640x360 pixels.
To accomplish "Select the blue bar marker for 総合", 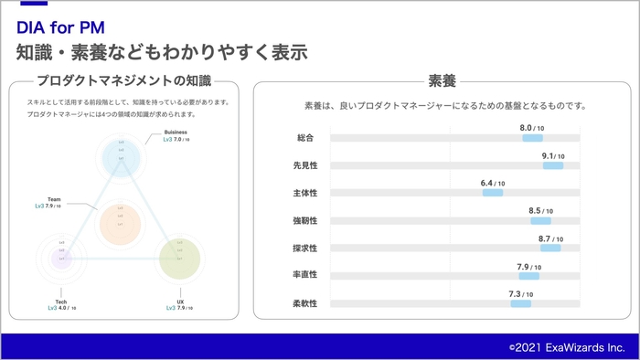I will [x=532, y=138].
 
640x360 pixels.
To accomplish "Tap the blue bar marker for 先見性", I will [x=552, y=165].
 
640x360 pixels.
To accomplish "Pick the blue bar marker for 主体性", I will [x=493, y=193].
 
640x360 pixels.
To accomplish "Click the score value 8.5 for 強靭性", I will [x=535, y=211].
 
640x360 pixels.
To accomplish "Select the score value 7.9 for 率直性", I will [x=523, y=267].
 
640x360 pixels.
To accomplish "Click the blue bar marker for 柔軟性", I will [x=520, y=303].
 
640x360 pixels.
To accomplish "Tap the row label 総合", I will [x=305, y=138].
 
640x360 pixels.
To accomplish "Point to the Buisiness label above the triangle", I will [x=176, y=132].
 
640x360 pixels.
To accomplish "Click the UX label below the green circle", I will [x=180, y=302].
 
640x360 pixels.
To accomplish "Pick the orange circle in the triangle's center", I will [x=120, y=220].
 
